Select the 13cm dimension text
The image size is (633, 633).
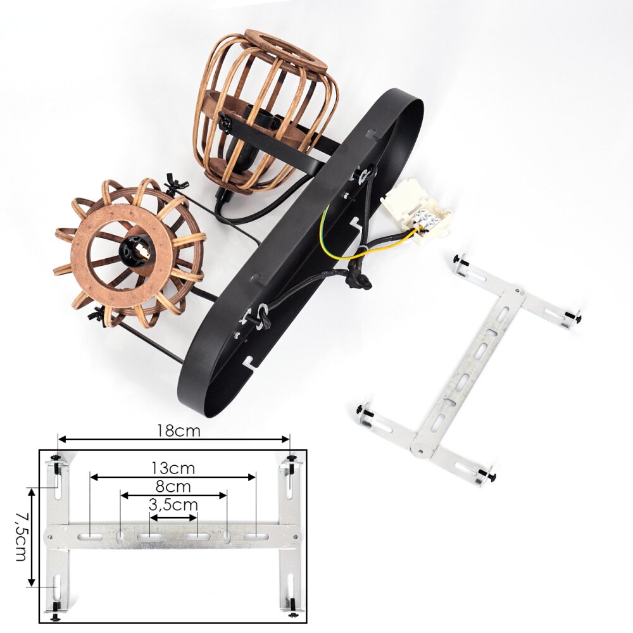pyautogui.click(x=173, y=468)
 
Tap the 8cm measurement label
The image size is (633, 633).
pyautogui.click(x=173, y=486)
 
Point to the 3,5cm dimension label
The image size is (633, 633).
pyautogui.click(x=173, y=505)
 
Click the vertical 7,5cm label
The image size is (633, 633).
pyautogui.click(x=21, y=537)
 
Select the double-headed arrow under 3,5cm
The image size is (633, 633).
pyautogui.click(x=173, y=518)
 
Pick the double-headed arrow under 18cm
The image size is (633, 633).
pyautogui.click(x=174, y=439)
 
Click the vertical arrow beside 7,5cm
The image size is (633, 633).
pyautogui.click(x=31, y=537)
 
